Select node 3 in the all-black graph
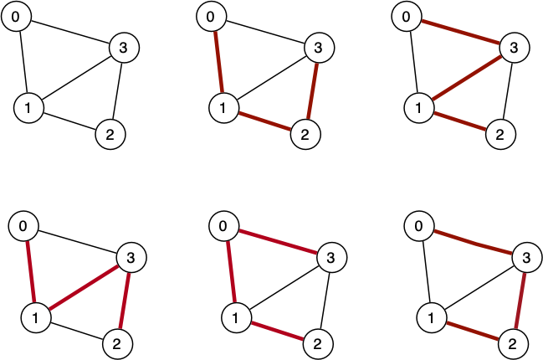coord(124,49)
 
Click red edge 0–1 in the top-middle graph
coord(218,62)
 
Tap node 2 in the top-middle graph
coord(305,133)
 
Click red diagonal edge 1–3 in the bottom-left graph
coord(82,287)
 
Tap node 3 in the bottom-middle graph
coord(329,256)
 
